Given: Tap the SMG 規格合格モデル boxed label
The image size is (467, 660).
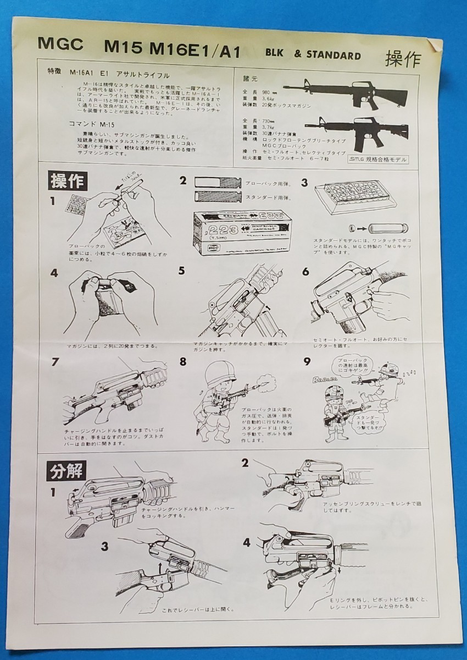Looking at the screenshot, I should click(x=378, y=159).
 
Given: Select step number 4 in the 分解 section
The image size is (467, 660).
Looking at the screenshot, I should click(x=247, y=542).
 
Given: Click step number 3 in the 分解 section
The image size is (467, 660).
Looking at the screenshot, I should click(x=104, y=546).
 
